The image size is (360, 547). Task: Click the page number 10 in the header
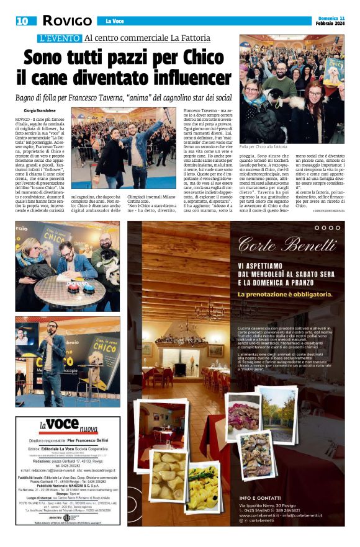22,21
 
